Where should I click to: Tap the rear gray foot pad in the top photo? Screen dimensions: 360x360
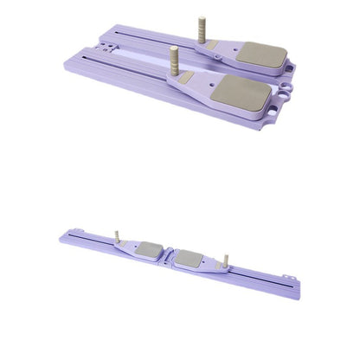pos(264,56)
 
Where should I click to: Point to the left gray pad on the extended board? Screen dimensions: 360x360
pos(149,250)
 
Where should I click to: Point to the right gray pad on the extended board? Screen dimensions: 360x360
pos(190,258)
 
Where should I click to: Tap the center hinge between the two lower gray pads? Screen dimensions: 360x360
pos(170,255)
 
